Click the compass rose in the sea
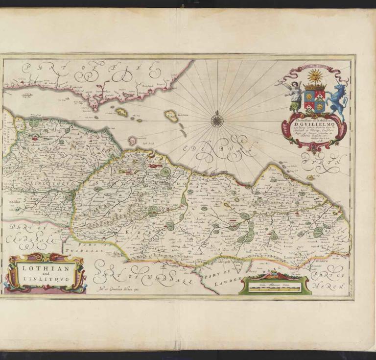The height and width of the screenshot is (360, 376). pos(217,119)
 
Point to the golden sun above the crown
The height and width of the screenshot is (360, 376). pos(315,76)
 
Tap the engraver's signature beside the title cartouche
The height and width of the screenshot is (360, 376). pos(112,289)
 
